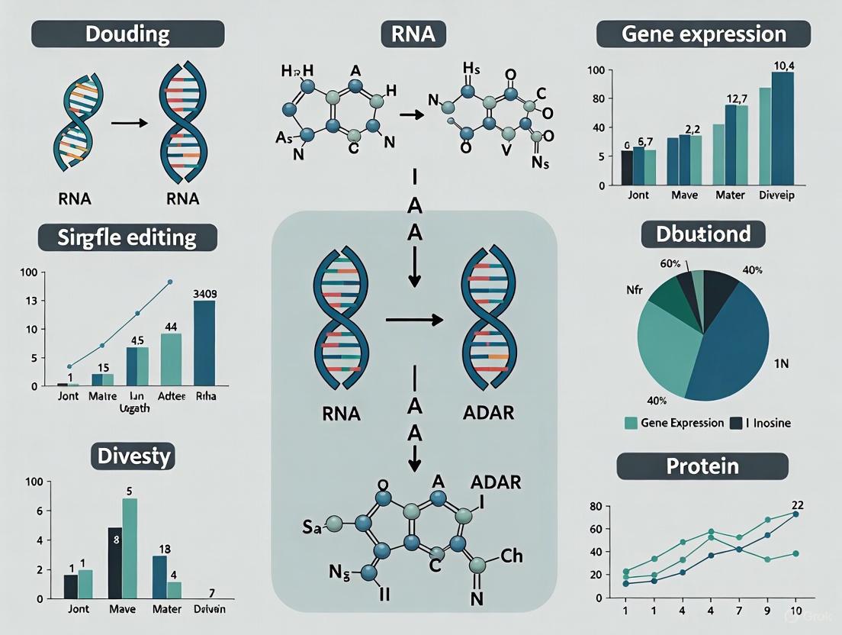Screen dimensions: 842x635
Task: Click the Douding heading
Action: point(127,34)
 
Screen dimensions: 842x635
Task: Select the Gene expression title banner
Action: point(702,34)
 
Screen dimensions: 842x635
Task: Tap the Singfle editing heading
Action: point(127,237)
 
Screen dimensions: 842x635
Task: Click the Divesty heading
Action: point(135,456)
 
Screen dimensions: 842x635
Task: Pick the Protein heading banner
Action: point(702,466)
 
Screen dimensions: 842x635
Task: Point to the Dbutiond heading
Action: point(702,234)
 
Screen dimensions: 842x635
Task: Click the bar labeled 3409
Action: point(205,342)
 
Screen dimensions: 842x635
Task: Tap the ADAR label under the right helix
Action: point(488,414)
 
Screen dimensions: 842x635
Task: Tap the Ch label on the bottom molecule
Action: point(511,556)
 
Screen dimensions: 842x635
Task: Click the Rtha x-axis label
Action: point(206,395)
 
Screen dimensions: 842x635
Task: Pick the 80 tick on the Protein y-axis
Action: point(595,506)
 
